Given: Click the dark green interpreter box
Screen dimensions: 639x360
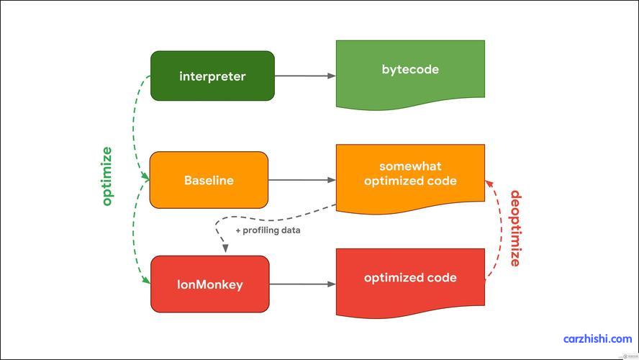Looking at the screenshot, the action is pyautogui.click(x=212, y=76).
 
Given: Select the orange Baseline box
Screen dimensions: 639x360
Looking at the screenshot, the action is pyautogui.click(x=209, y=180).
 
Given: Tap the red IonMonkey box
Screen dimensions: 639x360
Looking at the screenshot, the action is pyautogui.click(x=210, y=284).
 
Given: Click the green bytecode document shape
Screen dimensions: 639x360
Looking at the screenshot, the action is pyautogui.click(x=410, y=73).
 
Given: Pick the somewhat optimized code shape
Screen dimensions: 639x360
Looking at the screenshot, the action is pyautogui.click(x=410, y=178).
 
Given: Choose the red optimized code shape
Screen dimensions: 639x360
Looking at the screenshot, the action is pyautogui.click(x=410, y=282).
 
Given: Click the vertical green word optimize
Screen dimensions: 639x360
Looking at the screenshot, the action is pyautogui.click(x=106, y=176).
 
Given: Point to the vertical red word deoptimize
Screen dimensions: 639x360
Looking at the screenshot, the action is pyautogui.click(x=515, y=228).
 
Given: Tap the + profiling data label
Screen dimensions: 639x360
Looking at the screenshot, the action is pyautogui.click(x=268, y=230).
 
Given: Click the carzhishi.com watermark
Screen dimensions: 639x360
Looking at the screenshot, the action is pyautogui.click(x=597, y=339).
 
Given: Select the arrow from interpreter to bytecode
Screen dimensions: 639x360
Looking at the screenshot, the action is pyautogui.click(x=305, y=76).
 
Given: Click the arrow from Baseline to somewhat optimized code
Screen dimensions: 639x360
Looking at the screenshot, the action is pyautogui.click(x=302, y=180).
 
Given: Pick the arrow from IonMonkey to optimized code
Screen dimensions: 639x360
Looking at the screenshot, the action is pyautogui.click(x=302, y=284).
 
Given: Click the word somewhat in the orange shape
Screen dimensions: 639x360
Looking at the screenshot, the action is pyautogui.click(x=410, y=166).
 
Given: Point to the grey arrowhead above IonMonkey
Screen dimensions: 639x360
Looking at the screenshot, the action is pyautogui.click(x=225, y=248).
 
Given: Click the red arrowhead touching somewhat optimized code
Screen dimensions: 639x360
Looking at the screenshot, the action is pyautogui.click(x=489, y=184).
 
